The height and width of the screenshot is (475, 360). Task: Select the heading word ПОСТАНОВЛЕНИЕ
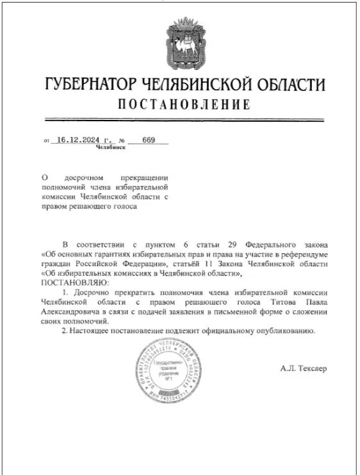tap(184, 104)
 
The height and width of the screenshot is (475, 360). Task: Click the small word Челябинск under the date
tap(110, 147)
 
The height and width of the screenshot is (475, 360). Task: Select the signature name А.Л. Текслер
tap(303, 369)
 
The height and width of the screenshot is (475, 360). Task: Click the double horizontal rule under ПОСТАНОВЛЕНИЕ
tap(184, 119)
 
